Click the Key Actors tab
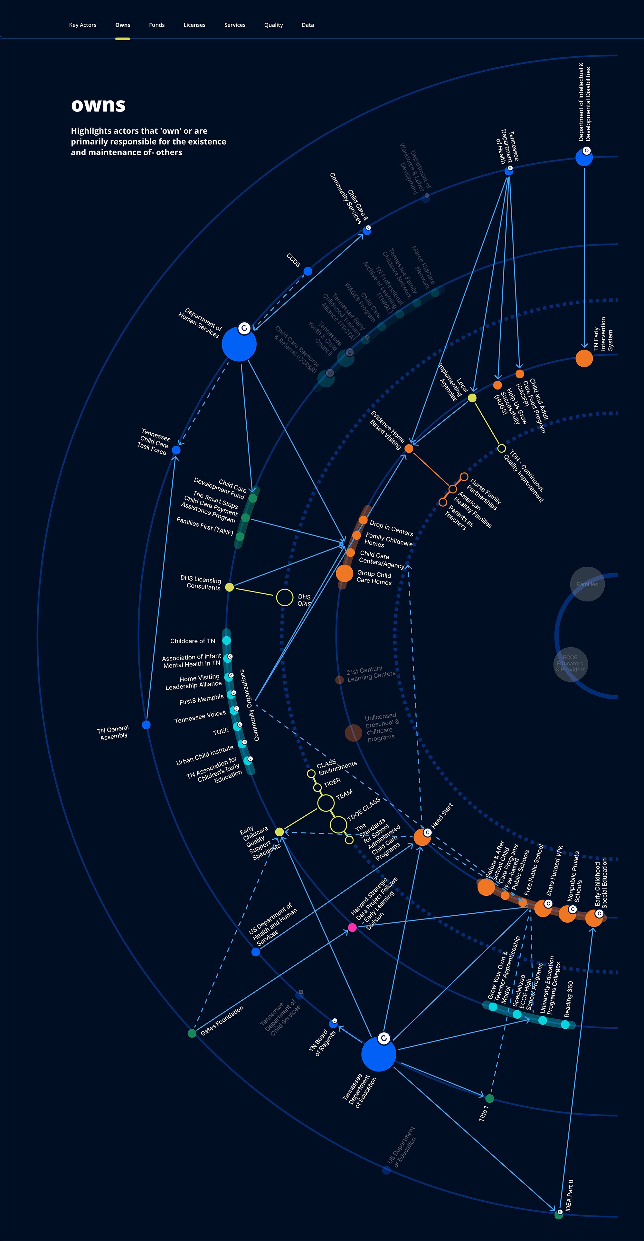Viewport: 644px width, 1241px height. click(x=82, y=25)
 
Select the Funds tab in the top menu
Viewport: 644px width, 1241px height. click(x=156, y=25)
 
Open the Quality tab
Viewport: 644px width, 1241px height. click(x=273, y=25)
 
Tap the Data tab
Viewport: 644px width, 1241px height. click(x=307, y=25)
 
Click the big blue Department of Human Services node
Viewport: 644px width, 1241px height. click(x=239, y=344)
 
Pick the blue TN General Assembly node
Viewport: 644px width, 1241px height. click(x=146, y=725)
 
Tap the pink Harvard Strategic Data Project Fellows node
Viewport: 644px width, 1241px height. click(x=352, y=928)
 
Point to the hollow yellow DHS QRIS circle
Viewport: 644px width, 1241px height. click(x=285, y=597)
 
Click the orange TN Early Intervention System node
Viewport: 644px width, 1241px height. click(x=584, y=359)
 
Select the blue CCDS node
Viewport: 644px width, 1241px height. click(x=307, y=271)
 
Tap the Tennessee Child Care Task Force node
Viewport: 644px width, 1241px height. click(x=176, y=450)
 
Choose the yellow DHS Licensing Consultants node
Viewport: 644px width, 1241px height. click(x=229, y=587)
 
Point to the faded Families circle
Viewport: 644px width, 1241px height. click(x=587, y=584)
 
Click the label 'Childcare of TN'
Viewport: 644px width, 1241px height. click(x=193, y=641)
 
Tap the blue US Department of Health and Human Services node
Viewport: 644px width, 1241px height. click(x=256, y=952)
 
